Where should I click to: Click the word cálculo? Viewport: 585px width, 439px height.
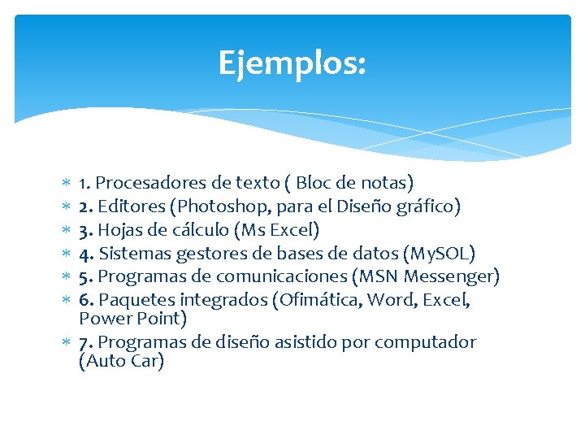[198, 230]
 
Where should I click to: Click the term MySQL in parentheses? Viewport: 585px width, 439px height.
[444, 254]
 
